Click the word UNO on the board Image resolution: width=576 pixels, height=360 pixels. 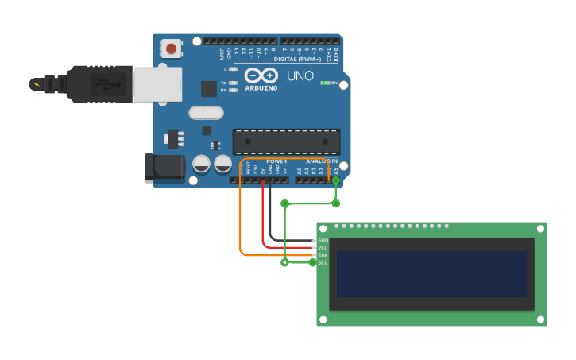300,76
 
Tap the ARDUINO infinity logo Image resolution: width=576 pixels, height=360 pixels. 261,76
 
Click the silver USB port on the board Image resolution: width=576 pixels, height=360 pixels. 157,84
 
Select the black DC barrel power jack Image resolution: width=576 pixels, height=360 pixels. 164,168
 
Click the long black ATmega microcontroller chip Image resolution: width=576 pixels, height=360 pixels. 286,141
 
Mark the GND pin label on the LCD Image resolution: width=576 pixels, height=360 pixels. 323,240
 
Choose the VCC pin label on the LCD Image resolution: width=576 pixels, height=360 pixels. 323,248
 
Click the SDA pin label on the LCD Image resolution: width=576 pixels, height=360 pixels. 323,255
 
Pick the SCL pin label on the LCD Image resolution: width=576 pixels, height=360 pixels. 323,262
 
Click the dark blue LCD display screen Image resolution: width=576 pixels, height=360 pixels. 431,274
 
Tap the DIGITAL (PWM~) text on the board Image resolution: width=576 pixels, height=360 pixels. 298,60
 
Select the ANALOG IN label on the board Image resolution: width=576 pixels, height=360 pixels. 322,161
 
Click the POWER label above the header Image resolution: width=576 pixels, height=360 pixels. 276,161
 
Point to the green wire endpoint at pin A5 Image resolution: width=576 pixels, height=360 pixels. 335,181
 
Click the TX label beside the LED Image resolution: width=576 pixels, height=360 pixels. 223,83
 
